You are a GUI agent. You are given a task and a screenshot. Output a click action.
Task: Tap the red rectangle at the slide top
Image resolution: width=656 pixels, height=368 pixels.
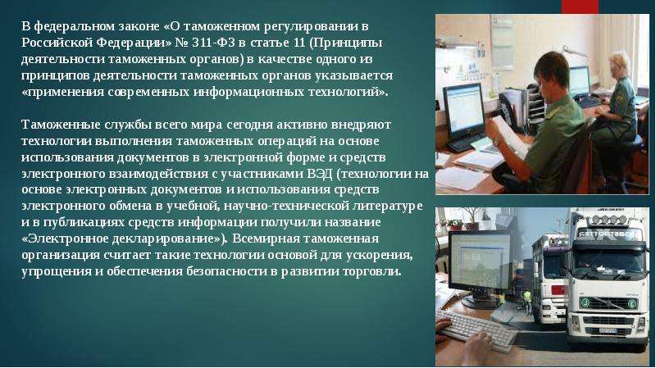point(580,7)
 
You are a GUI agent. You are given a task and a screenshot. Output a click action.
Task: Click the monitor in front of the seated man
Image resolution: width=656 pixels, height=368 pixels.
point(463,111)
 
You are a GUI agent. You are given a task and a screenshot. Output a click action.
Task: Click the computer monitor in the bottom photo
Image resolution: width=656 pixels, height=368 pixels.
point(481,262)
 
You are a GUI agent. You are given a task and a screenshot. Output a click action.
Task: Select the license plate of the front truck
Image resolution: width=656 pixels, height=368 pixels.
point(608,331)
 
